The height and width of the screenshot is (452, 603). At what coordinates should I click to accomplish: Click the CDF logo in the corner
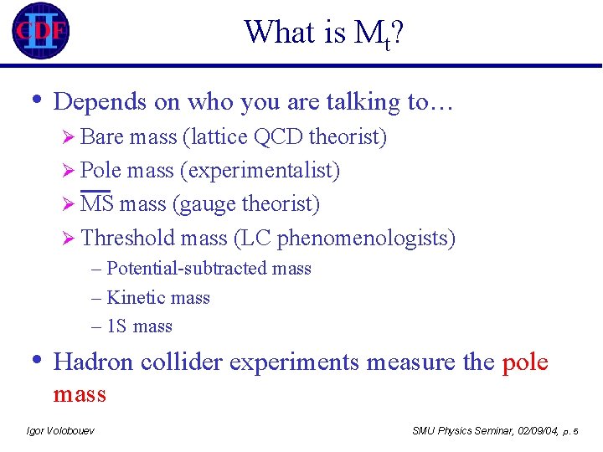[x=39, y=31]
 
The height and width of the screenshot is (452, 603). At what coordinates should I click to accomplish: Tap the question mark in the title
[x=399, y=33]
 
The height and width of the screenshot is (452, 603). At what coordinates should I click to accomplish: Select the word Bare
[x=99, y=136]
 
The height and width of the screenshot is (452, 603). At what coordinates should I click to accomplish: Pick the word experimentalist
[x=260, y=171]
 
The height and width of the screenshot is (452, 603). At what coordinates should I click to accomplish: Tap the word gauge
[x=206, y=204]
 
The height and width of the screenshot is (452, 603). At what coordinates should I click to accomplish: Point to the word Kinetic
[x=134, y=298]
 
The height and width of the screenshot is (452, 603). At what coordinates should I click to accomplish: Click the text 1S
[x=117, y=326]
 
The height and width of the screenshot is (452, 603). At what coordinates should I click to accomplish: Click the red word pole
[x=525, y=362]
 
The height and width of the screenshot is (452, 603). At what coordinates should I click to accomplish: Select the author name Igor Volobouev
[x=60, y=430]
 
